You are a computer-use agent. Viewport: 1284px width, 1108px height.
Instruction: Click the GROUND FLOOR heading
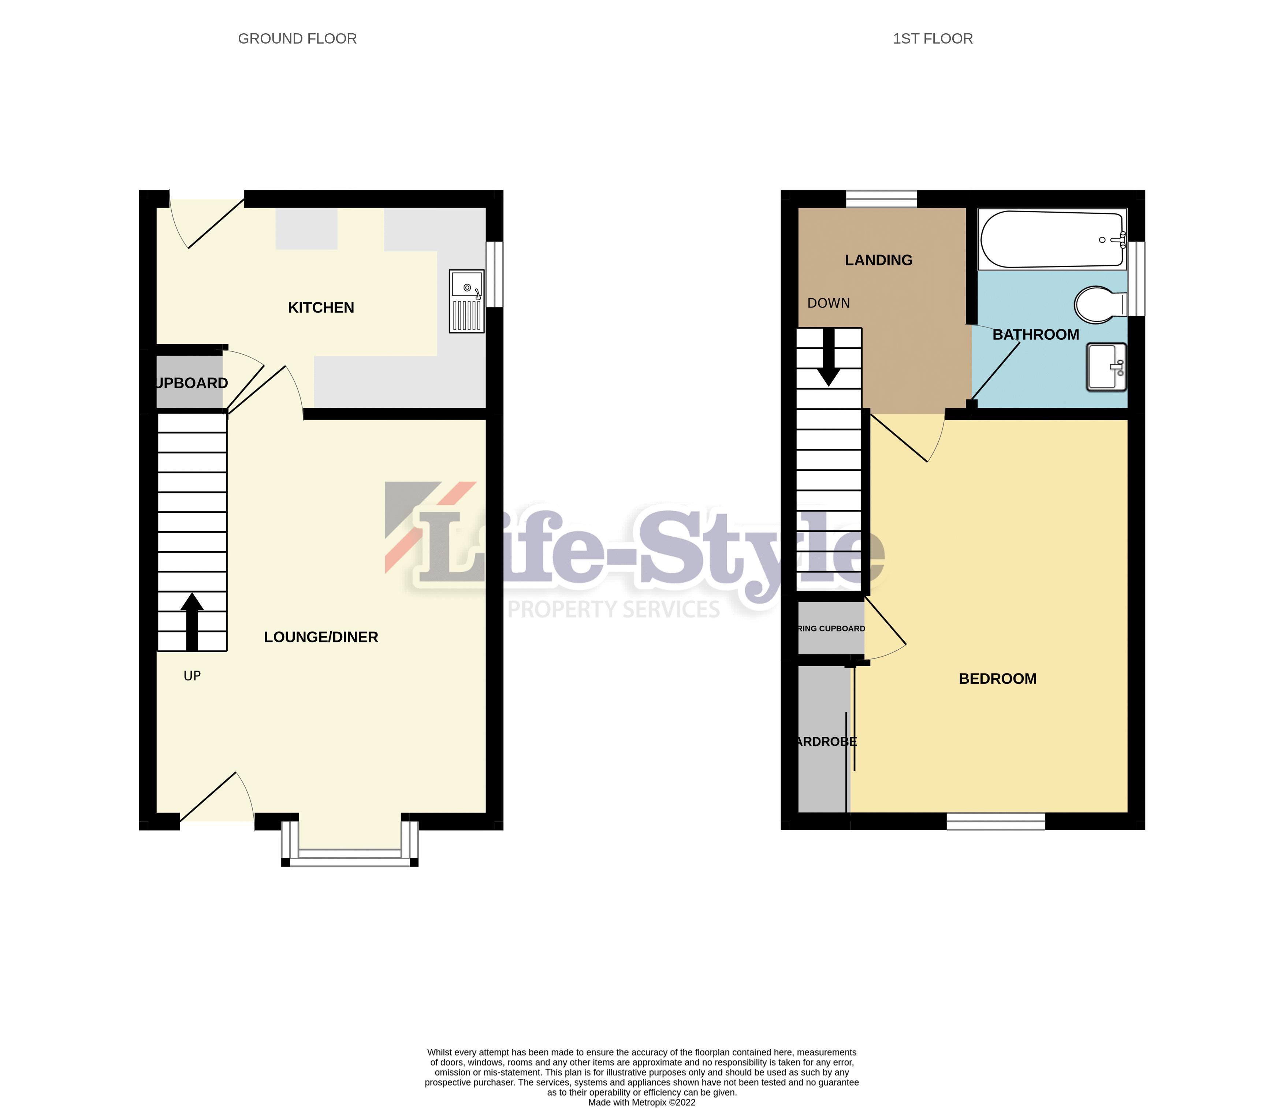pyautogui.click(x=297, y=39)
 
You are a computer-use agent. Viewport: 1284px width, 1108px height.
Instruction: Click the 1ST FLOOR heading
pyautogui.click(x=933, y=39)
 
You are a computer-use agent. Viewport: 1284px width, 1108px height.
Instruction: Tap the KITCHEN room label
pyautogui.click(x=321, y=308)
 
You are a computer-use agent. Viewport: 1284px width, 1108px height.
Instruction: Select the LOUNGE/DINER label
pyautogui.click(x=321, y=637)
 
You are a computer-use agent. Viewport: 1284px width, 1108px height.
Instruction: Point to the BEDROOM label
pyautogui.click(x=997, y=679)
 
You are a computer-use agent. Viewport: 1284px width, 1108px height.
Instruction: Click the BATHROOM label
pyautogui.click(x=1035, y=335)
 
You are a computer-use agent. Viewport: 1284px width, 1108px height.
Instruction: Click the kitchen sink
pyautogui.click(x=467, y=301)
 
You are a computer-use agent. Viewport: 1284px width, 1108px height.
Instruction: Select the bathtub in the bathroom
pyautogui.click(x=1052, y=239)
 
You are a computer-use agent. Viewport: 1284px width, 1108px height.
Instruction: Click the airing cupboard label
pyautogui.click(x=831, y=628)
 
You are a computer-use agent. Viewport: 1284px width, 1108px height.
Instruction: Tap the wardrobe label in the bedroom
pyautogui.click(x=826, y=742)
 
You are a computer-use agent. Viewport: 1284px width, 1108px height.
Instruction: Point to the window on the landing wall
pyautogui.click(x=881, y=198)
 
